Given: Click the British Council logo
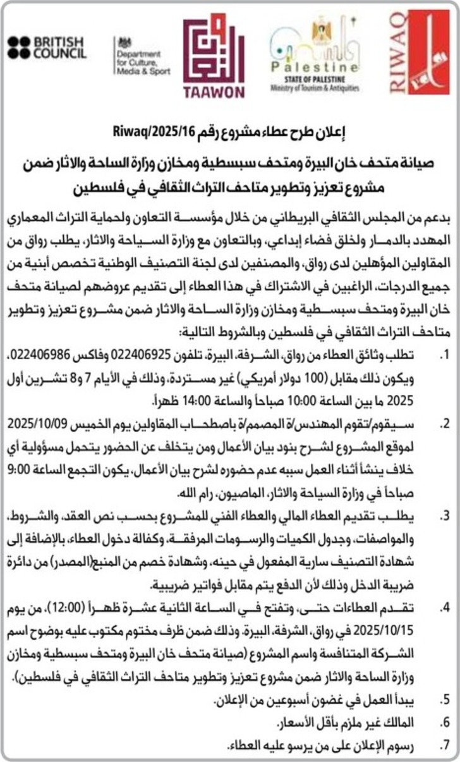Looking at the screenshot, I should (47, 47).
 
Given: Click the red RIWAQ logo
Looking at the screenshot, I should (420, 52).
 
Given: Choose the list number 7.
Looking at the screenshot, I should (446, 747).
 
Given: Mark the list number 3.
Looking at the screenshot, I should (446, 516).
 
